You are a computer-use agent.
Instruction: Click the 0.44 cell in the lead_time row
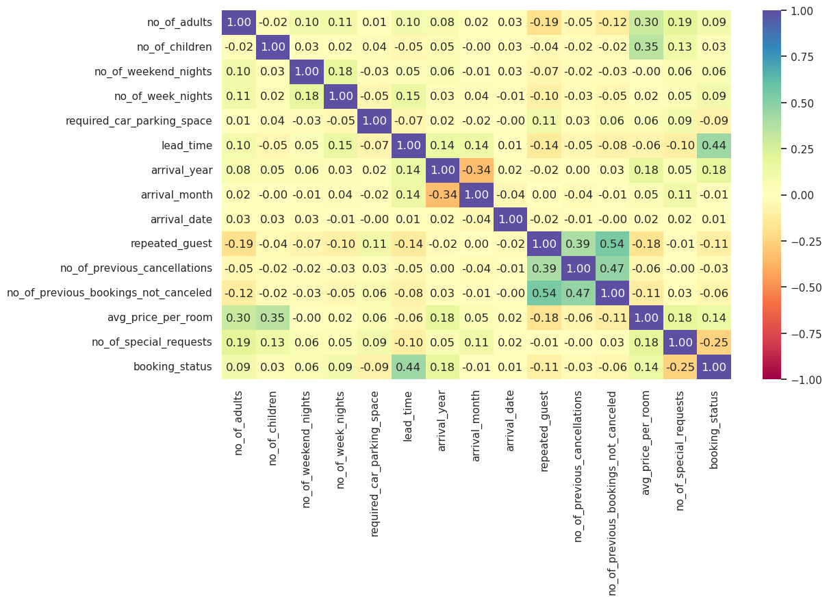click(x=714, y=146)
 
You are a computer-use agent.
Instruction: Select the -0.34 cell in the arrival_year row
click(x=476, y=170)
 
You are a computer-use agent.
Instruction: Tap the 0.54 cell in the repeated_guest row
click(x=613, y=244)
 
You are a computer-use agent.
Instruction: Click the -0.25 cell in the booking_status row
click(x=680, y=366)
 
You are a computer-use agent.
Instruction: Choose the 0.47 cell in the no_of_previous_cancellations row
click(x=613, y=268)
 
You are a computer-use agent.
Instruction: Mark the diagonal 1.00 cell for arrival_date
click(x=511, y=219)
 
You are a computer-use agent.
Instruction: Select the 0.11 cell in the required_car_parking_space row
click(x=544, y=121)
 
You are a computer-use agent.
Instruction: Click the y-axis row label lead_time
click(x=192, y=146)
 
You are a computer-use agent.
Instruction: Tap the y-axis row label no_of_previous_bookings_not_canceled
click(x=110, y=293)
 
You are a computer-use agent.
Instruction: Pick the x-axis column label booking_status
click(x=715, y=430)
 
